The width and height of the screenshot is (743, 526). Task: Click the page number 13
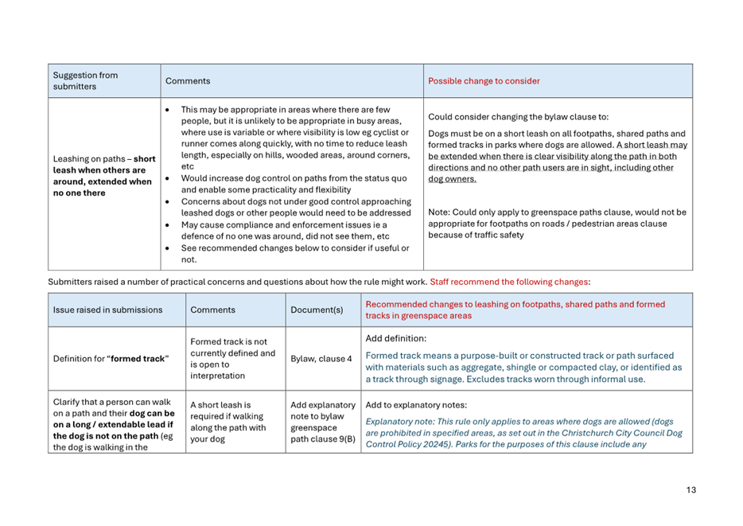pyautogui.click(x=690, y=490)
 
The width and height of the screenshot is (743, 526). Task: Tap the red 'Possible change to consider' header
pyautogui.click(x=484, y=81)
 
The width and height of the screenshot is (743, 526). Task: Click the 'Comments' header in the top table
pyautogui.click(x=188, y=81)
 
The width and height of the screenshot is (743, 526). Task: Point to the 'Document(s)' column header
pyautogui.click(x=317, y=310)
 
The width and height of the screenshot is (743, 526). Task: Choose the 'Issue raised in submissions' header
pyautogui.click(x=107, y=310)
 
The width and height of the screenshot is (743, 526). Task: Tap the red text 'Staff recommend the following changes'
pyautogui.click(x=509, y=282)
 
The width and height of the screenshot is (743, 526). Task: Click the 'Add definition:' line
pyautogui.click(x=395, y=338)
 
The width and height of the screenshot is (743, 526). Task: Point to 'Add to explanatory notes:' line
pyautogui.click(x=416, y=404)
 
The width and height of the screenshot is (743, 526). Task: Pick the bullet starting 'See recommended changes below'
pyautogui.click(x=294, y=253)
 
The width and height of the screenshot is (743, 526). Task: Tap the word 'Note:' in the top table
pyautogui.click(x=439, y=212)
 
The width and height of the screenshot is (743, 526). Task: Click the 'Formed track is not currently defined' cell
pyautogui.click(x=233, y=358)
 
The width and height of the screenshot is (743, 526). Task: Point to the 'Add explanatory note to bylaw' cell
pyautogui.click(x=322, y=422)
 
